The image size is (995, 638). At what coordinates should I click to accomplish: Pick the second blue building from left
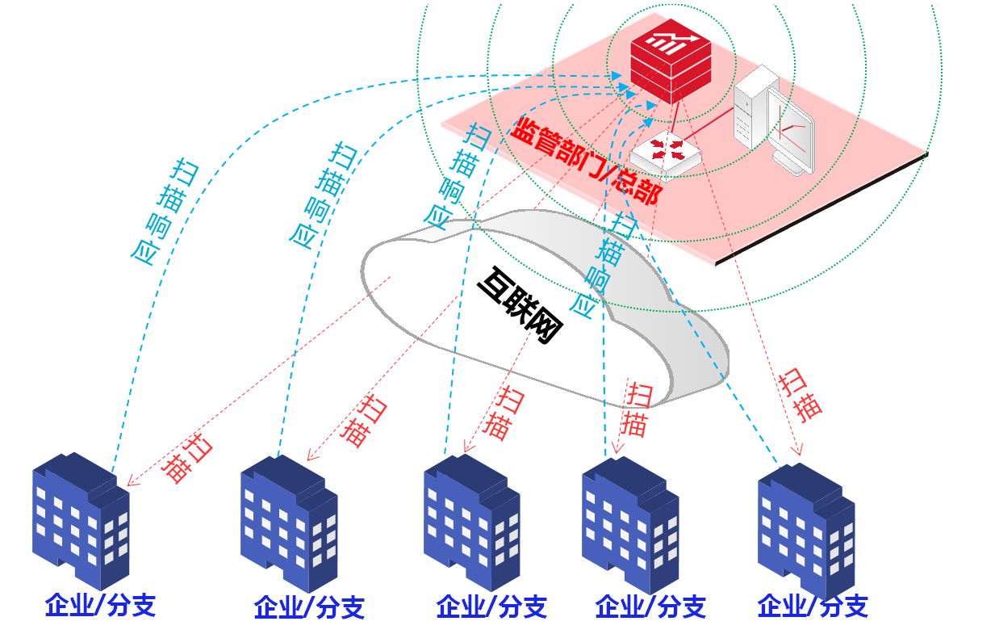point(288,521)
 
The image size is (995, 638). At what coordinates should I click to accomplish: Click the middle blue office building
point(471,521)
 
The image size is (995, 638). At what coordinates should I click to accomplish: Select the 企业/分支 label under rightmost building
point(813,606)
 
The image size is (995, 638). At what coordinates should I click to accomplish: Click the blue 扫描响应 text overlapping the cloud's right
point(605,262)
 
